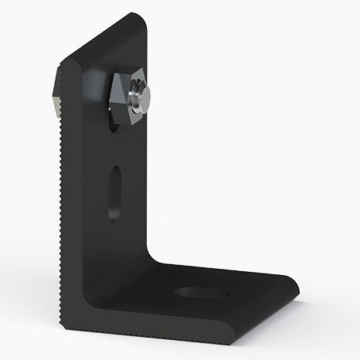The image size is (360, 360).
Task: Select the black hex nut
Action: tap(124, 95)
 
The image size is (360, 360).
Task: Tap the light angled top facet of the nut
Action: tap(126, 79)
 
